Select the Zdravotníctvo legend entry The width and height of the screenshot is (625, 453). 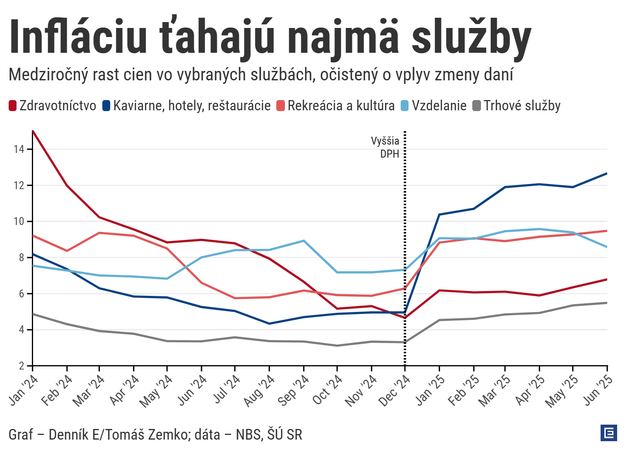53,106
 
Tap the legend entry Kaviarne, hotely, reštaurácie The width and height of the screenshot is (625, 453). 187,106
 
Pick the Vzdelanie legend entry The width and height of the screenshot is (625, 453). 434,106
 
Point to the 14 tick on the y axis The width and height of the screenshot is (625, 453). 18,149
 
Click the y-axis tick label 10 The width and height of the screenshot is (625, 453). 18,221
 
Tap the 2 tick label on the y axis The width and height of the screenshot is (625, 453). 21,366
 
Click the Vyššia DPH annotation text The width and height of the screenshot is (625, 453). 385,147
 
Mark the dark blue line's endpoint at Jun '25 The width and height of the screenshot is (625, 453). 607,173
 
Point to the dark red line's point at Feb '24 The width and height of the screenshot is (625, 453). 67,185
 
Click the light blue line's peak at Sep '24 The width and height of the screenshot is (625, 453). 303,241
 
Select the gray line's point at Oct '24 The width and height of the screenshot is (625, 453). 337,345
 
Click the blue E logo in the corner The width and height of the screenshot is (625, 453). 609,433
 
